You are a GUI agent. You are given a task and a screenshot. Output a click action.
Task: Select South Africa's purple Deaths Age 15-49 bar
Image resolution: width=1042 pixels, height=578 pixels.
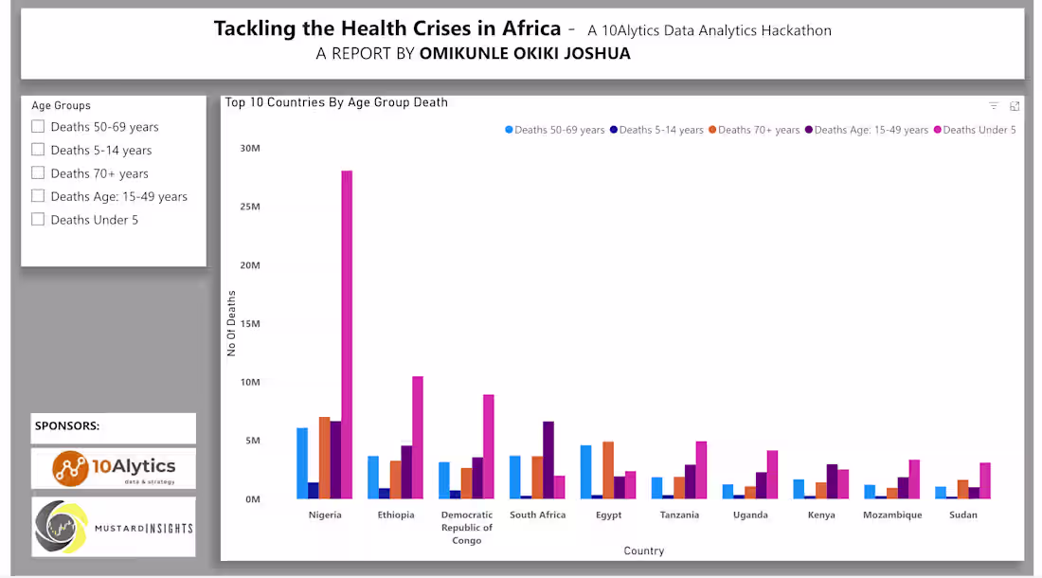(548, 460)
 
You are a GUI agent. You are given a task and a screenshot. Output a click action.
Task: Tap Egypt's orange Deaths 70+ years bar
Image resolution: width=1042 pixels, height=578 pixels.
(608, 470)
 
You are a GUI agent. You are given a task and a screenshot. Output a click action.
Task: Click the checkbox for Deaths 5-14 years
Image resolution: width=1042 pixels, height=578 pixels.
(38, 150)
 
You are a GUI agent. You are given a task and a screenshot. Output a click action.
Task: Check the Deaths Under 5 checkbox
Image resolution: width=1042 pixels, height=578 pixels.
(38, 219)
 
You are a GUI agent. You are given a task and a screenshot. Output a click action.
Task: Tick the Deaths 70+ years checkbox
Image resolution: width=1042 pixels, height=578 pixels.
(38, 172)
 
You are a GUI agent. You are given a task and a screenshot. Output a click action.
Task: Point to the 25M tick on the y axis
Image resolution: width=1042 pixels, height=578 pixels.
(250, 207)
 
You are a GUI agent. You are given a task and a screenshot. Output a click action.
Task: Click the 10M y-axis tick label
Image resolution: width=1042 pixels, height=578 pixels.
(250, 382)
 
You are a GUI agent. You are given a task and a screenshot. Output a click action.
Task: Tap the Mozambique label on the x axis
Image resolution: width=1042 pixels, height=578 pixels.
(891, 515)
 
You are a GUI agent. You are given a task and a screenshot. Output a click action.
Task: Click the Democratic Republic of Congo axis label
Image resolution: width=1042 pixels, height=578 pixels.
(466, 528)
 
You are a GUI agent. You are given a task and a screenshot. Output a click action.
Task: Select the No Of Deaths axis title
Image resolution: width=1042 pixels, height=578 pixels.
(231, 323)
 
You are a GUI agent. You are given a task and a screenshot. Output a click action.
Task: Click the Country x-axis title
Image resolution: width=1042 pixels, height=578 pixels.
(643, 551)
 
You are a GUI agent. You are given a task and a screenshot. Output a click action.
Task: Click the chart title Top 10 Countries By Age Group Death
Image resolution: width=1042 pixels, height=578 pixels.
(336, 102)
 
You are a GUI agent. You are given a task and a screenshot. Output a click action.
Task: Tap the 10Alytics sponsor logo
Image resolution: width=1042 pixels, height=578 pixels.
(114, 468)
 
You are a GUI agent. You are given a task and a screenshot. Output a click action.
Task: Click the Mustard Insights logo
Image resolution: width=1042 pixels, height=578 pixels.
(114, 527)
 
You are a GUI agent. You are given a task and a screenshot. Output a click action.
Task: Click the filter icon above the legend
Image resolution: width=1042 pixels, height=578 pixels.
(994, 106)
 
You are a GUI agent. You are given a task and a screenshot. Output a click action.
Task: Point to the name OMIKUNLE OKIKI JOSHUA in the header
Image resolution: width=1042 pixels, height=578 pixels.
(525, 54)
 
